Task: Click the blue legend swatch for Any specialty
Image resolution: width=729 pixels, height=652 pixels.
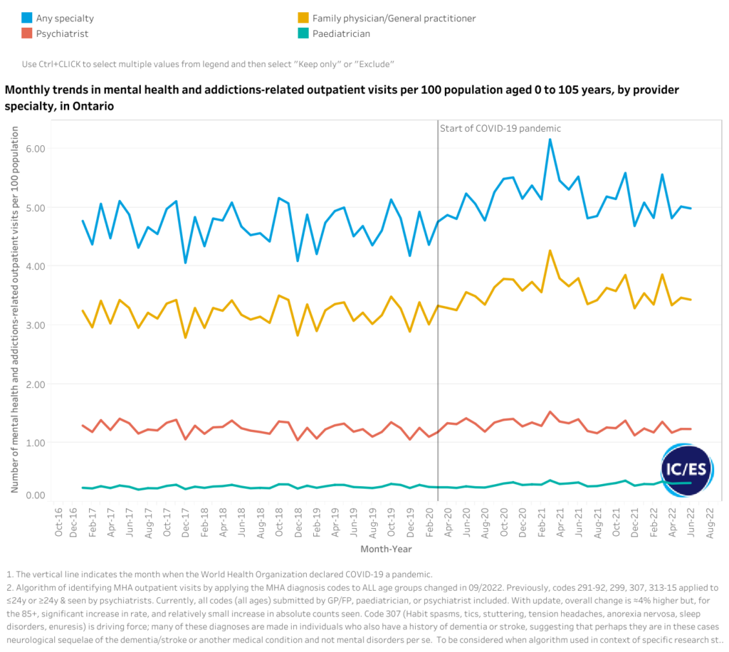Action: click(x=26, y=18)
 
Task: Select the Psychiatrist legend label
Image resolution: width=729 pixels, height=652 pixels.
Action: click(x=63, y=33)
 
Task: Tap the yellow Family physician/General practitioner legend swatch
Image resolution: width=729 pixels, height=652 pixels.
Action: click(x=302, y=18)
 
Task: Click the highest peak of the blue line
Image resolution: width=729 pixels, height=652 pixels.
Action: click(x=550, y=140)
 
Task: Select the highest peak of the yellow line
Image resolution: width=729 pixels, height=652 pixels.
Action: click(x=550, y=251)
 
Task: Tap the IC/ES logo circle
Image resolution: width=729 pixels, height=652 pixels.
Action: click(x=686, y=470)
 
